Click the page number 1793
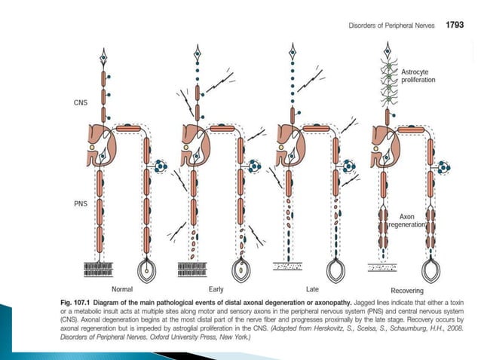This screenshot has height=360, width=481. pyautogui.click(x=455, y=25)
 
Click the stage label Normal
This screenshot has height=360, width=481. pyautogui.click(x=122, y=289)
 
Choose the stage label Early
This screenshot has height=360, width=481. pyautogui.click(x=216, y=289)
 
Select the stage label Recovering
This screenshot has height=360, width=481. pyautogui.click(x=406, y=290)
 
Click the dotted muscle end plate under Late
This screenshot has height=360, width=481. pyautogui.click(x=290, y=267)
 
